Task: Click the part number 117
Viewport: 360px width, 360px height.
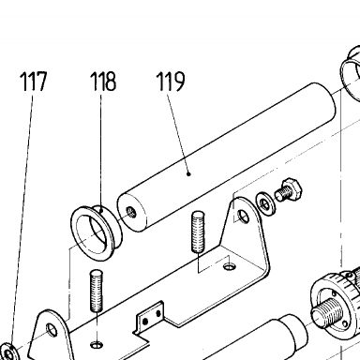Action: point(34,81)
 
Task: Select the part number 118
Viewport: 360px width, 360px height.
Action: point(103,81)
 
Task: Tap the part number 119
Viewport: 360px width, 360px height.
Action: point(171,81)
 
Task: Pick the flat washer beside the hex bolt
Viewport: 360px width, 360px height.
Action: point(265,204)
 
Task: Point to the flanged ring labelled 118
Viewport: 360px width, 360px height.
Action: point(97,232)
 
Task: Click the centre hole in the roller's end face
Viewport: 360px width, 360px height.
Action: point(131,213)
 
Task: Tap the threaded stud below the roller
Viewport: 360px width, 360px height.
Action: point(198,232)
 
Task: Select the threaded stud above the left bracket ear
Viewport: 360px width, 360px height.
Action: point(97,291)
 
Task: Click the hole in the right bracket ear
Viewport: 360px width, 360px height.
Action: point(243,216)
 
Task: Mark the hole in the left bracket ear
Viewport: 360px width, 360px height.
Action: point(52,330)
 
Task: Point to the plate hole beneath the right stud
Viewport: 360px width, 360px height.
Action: point(230,266)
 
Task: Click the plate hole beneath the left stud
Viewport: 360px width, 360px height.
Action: point(97,345)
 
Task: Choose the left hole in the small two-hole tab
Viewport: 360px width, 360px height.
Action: point(145,322)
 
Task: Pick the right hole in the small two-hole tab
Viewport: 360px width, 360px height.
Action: point(158,313)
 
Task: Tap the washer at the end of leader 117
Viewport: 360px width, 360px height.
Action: point(9,352)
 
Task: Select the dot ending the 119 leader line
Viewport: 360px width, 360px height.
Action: point(188,174)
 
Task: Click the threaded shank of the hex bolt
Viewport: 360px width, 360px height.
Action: point(283,193)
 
